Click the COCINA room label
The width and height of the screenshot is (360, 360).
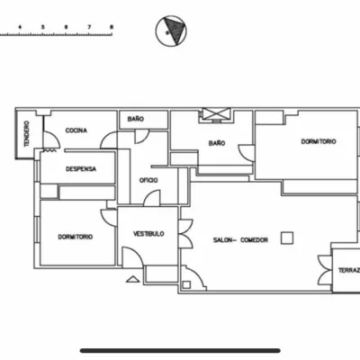[76, 130]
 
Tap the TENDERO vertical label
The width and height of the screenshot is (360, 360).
[27, 133]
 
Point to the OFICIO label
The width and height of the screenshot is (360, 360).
[148, 180]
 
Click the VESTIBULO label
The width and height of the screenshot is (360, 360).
[148, 234]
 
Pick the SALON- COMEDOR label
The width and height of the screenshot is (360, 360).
[240, 240]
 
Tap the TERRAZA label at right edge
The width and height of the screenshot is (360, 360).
[349, 271]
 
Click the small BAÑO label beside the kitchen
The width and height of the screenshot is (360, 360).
[136, 119]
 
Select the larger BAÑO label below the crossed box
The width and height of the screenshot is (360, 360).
[217, 143]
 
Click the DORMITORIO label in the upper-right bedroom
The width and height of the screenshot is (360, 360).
[319, 141]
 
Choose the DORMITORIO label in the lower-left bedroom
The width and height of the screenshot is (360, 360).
[76, 237]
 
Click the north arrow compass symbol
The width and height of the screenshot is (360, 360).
[171, 31]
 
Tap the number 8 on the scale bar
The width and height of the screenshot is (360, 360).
[112, 27]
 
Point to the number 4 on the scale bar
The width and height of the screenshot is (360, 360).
[20, 27]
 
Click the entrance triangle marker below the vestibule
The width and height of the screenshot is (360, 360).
[133, 279]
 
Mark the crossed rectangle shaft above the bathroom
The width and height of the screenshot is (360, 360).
[216, 113]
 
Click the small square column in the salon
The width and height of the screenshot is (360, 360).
[287, 238]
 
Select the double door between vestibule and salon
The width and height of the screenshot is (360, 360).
[186, 234]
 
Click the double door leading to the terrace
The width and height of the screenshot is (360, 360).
[326, 270]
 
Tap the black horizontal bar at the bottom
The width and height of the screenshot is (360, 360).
[180, 350]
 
